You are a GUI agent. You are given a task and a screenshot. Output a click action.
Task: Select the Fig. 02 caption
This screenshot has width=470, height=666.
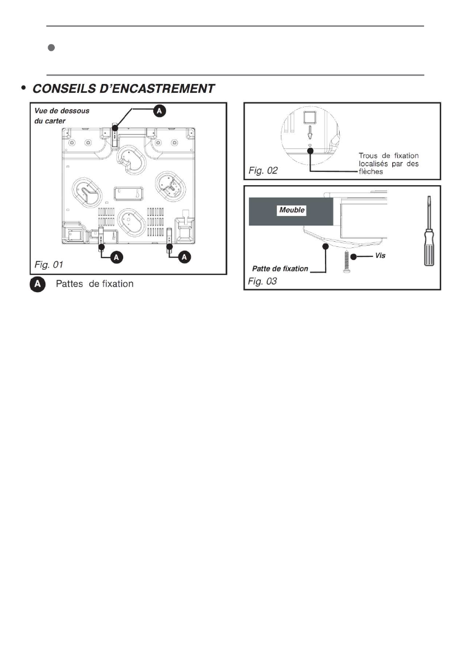[263, 170]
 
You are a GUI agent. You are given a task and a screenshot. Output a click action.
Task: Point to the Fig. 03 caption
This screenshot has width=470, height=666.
[263, 281]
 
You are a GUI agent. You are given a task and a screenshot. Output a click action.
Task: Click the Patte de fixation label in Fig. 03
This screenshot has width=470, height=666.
[280, 269]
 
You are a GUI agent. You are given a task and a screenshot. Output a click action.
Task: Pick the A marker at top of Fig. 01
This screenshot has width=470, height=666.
[159, 111]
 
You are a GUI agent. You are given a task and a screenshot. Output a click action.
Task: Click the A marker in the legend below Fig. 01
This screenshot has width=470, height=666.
[37, 284]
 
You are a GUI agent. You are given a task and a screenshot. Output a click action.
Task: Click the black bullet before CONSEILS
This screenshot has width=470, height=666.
[23, 88]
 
